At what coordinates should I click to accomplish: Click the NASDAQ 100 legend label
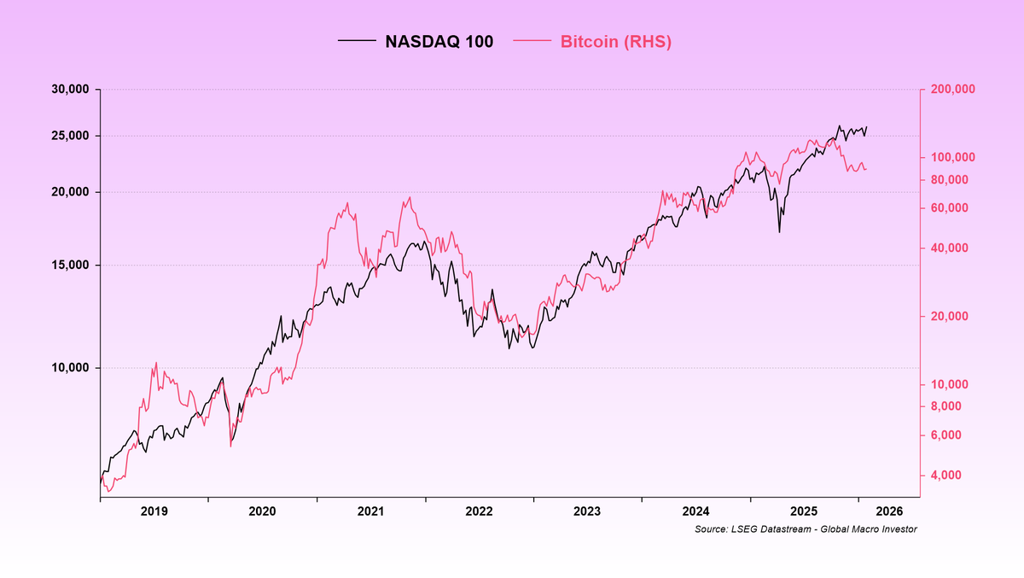[439, 42]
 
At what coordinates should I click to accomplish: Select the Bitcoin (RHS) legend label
[615, 42]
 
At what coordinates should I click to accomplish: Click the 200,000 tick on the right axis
[952, 90]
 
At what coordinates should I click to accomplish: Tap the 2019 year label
[154, 512]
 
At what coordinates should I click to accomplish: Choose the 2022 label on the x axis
[479, 512]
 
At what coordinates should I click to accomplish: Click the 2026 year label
[888, 512]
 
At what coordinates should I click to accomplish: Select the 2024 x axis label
[695, 512]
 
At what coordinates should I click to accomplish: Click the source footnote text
[806, 530]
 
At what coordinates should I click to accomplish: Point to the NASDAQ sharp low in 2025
[779, 231]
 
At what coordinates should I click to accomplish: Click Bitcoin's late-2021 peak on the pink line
[410, 198]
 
